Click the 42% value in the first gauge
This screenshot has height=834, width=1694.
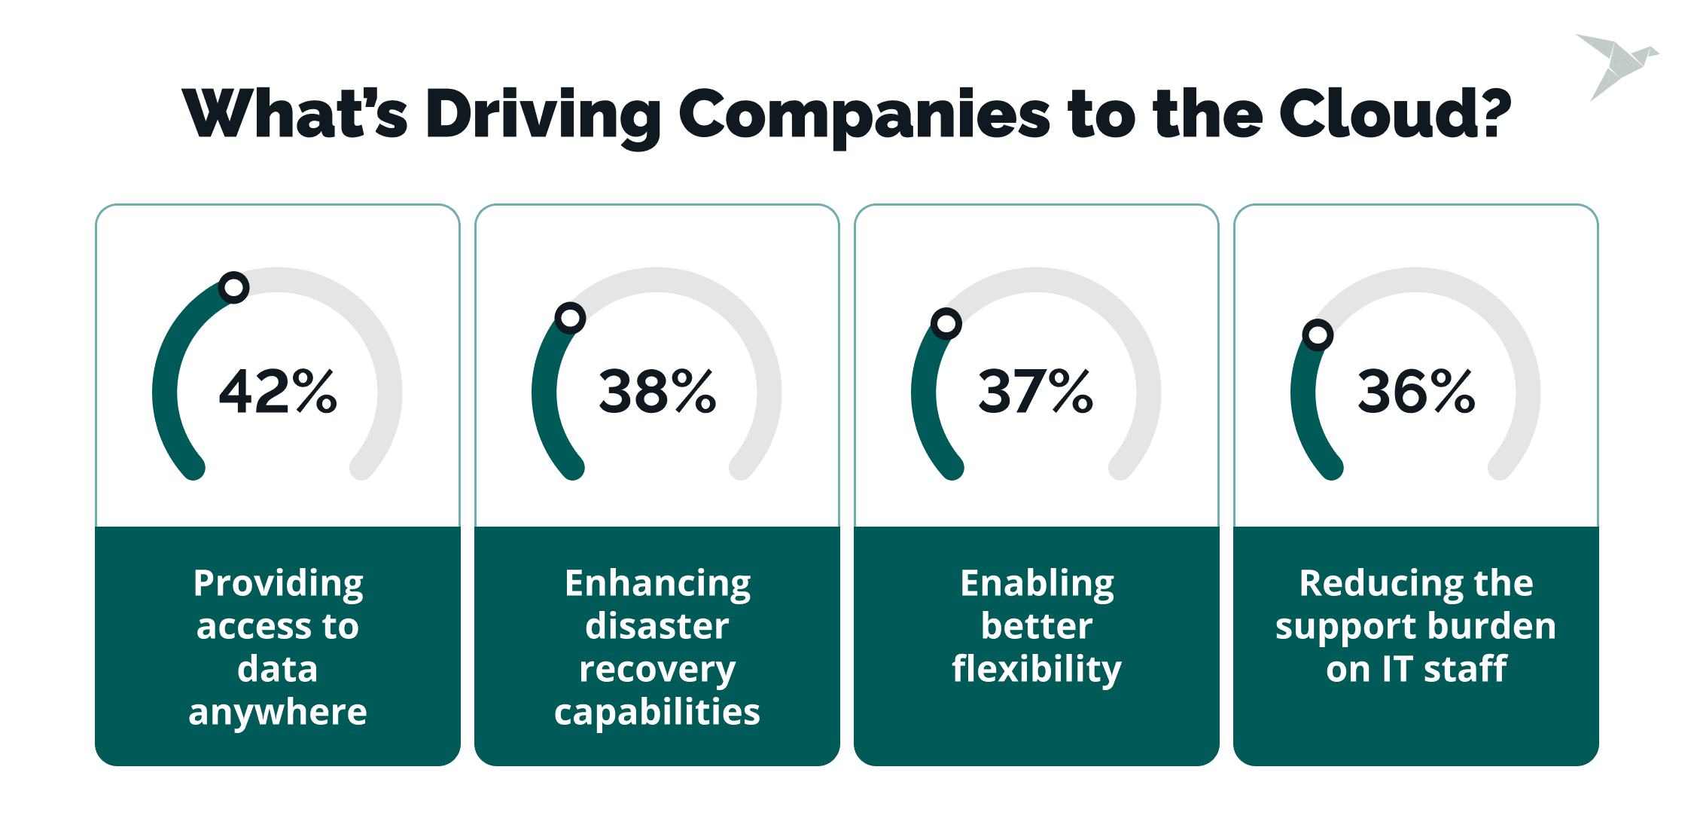(278, 392)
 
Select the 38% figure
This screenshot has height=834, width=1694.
(657, 392)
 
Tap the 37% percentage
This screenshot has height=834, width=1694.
(1036, 392)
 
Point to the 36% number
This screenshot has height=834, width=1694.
(1416, 392)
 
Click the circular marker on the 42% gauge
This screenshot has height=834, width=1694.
(234, 288)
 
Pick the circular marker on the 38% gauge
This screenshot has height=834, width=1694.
(571, 318)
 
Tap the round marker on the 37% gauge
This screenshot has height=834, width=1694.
(946, 324)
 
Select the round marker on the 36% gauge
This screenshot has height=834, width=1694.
(1318, 335)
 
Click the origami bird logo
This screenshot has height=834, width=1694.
(1617, 66)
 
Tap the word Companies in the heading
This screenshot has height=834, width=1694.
(864, 117)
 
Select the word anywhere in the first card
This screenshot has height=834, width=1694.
(278, 713)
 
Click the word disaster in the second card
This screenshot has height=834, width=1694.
(657, 626)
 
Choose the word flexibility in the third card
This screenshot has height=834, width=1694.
(1037, 670)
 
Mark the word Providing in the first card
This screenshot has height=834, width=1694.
(279, 584)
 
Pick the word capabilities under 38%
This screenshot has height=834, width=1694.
(657, 713)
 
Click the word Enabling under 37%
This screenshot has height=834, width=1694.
(1037, 584)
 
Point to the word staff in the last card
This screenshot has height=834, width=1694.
(1465, 669)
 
